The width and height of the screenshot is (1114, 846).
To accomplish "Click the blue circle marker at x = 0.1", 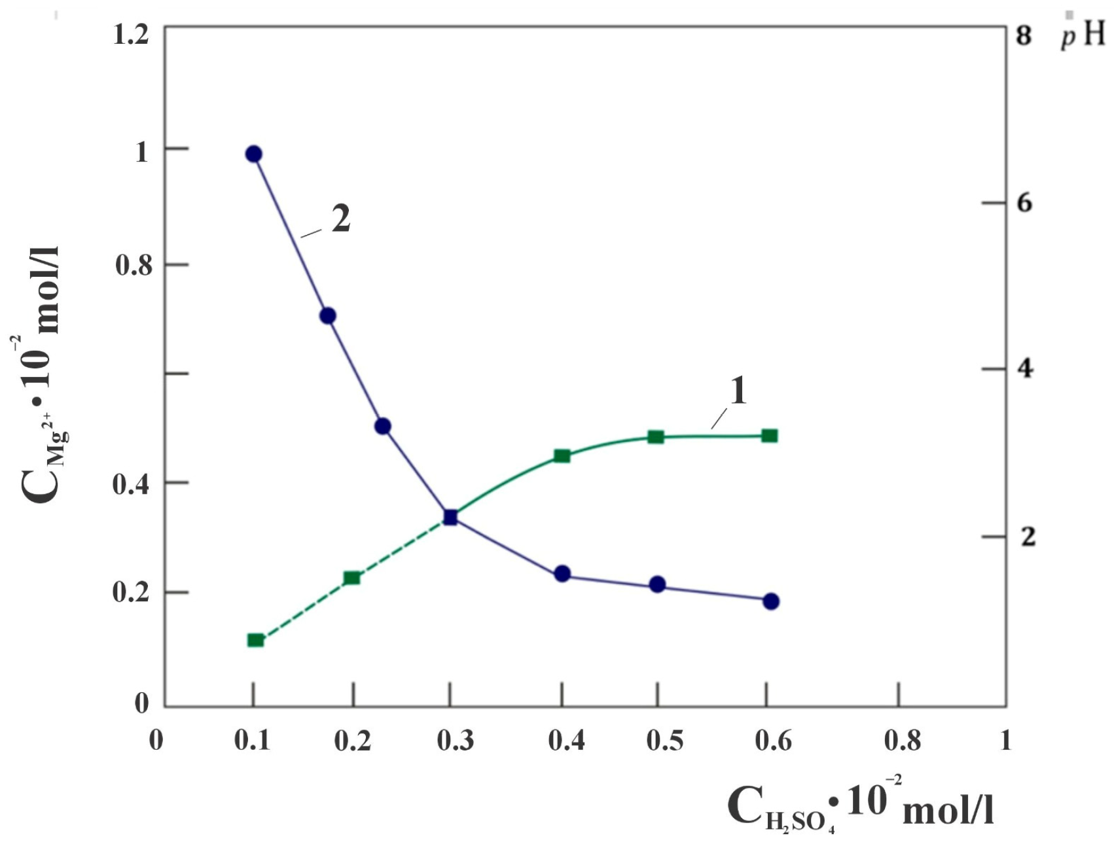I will point(253,154).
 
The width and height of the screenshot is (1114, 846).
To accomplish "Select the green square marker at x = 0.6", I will point(770,436).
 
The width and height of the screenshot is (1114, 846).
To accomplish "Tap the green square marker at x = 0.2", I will point(352,578).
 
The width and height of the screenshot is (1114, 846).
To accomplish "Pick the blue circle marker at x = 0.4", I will point(562,574).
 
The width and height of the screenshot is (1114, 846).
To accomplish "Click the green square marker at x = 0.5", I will point(656,437).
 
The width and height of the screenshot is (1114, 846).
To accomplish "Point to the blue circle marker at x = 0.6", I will point(771,601).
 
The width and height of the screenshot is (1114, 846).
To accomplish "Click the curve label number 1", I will point(738,391).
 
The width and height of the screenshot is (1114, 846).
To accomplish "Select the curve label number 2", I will point(341,219).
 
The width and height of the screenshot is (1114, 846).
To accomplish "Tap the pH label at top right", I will point(1083,34).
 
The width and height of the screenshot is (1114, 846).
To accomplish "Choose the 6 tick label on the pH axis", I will point(1024,203).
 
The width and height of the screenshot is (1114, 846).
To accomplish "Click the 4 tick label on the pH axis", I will point(1024,369).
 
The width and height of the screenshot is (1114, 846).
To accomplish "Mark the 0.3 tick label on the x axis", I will point(456,741).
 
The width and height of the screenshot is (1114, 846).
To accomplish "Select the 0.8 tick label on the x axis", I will point(903,741).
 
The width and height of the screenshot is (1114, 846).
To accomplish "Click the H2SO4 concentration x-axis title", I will point(860,805).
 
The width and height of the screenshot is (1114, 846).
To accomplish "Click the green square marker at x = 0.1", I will point(255,640).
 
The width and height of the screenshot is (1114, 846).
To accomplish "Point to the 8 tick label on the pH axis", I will point(1024,36).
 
